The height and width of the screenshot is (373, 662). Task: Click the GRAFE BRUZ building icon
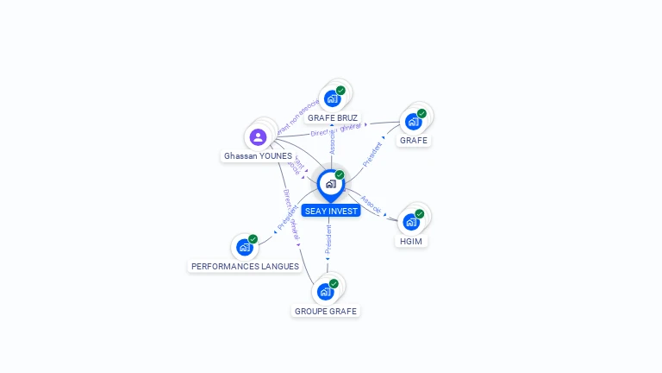(x=332, y=98)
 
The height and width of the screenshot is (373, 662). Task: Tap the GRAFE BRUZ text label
(x=333, y=117)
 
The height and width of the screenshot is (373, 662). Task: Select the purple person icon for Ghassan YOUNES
(x=258, y=136)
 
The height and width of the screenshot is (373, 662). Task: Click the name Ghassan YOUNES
(x=258, y=156)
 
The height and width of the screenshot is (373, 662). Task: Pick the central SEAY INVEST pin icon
(x=330, y=184)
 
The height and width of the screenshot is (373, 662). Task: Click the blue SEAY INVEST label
(x=331, y=211)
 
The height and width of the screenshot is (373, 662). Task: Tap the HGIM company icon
(x=411, y=221)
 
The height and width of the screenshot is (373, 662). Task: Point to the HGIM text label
(x=411, y=242)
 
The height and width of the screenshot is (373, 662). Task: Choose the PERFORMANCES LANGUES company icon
(x=245, y=247)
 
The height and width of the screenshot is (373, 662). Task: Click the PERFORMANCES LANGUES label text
(x=245, y=266)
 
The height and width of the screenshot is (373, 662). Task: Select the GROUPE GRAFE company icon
(x=325, y=291)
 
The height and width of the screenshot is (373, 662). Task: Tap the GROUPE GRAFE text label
(x=326, y=311)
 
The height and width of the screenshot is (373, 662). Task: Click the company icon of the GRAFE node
(x=413, y=121)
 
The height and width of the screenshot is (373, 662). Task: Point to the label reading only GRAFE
(x=414, y=140)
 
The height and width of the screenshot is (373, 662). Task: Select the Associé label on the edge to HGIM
(x=372, y=204)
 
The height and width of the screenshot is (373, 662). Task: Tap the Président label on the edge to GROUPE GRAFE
(x=328, y=241)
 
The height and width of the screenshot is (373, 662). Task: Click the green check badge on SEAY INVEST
(x=340, y=175)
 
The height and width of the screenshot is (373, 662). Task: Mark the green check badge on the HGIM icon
(x=420, y=213)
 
